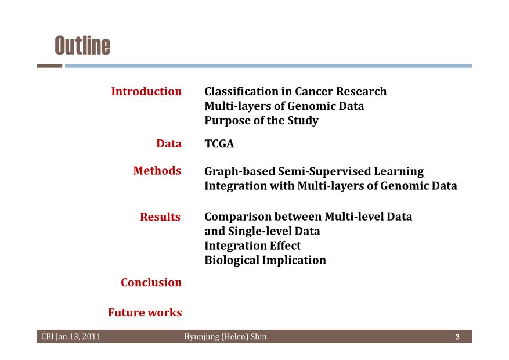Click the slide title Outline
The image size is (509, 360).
pyautogui.click(x=83, y=45)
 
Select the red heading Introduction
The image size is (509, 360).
pyautogui.click(x=146, y=91)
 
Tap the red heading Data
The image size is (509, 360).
pyautogui.click(x=169, y=143)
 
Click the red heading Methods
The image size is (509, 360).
pyautogui.click(x=157, y=171)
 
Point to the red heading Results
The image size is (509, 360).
pyautogui.click(x=160, y=217)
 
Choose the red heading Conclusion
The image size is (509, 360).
pyautogui.click(x=151, y=282)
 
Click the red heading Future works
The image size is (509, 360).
pyautogui.click(x=145, y=312)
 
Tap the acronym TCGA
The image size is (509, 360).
pyautogui.click(x=219, y=143)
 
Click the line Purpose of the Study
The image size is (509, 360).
pyautogui.click(x=261, y=120)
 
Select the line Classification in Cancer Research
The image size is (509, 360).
pyautogui.click(x=295, y=91)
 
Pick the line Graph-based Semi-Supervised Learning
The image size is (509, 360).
pyautogui.click(x=314, y=171)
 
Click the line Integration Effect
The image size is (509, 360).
pyautogui.click(x=252, y=246)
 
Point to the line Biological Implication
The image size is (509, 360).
pyautogui.click(x=265, y=260)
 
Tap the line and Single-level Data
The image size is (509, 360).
pyautogui.click(x=262, y=231)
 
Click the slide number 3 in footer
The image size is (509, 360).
pyautogui.click(x=457, y=337)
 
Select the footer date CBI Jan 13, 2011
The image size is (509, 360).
pyautogui.click(x=71, y=337)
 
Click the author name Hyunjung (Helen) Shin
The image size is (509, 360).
pyautogui.click(x=225, y=337)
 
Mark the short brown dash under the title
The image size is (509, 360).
pyautogui.click(x=49, y=66)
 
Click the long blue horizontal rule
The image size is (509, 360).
pyautogui.click(x=269, y=66)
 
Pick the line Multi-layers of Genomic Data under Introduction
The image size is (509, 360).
pyautogui.click(x=284, y=106)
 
